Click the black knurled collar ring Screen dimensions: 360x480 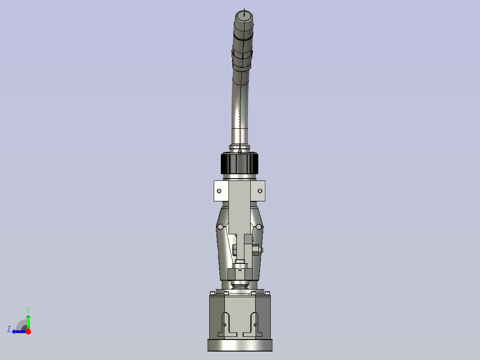[240, 164]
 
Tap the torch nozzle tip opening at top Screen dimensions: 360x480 [243, 16]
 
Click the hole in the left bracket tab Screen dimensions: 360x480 [219, 191]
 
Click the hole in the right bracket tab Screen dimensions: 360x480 [260, 191]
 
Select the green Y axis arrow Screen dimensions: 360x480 [28, 321]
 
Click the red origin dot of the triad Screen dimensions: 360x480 [28, 331]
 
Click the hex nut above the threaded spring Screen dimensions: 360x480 [240, 273]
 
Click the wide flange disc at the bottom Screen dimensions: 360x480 [240, 345]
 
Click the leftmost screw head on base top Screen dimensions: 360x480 [212, 293]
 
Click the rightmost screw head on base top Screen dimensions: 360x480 [267, 293]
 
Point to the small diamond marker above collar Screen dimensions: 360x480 [240, 151]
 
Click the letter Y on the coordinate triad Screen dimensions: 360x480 [28, 309]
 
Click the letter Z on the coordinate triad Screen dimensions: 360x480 [9, 329]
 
